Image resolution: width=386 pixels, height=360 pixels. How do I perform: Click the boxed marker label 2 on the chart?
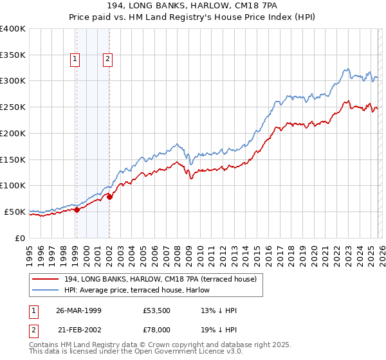107,60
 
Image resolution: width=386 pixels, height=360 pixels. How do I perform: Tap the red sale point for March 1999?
77,209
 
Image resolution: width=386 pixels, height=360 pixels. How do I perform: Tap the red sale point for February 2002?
109,197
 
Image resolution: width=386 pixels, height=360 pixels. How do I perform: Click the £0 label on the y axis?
20,237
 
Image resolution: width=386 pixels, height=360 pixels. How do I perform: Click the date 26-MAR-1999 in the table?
78,309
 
